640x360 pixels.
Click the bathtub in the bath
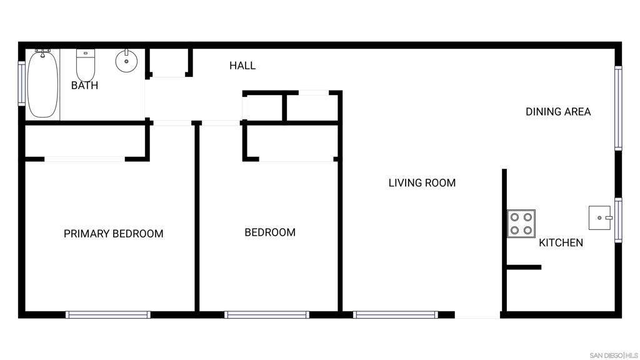point(42,84)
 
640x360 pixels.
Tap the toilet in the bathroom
point(86,65)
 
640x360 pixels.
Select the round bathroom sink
point(126,61)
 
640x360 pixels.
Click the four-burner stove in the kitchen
point(521,224)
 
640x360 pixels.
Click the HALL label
point(242,66)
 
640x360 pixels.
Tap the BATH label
point(84,85)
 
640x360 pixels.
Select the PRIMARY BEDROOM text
point(114,234)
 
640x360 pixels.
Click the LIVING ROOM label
point(422,183)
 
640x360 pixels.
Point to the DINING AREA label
point(558,112)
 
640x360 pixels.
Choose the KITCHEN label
point(561,243)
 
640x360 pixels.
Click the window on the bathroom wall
point(22,84)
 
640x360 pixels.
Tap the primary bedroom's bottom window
point(108,315)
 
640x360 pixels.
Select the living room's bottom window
point(396,315)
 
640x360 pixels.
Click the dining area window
point(618,108)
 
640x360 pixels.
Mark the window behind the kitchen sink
point(618,220)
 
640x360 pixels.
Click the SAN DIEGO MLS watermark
point(614,356)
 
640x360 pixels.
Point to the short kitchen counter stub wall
point(524,267)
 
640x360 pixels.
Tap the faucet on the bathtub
point(43,52)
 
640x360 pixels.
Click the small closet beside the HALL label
point(169,62)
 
